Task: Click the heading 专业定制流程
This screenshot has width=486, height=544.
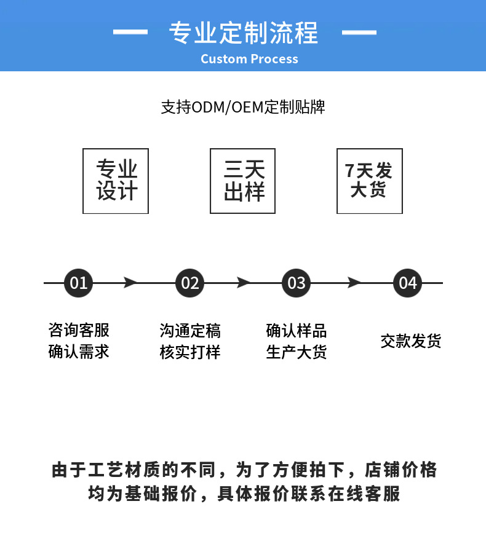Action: pyautogui.click(x=243, y=32)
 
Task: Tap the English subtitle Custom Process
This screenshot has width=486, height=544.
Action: pyautogui.click(x=249, y=59)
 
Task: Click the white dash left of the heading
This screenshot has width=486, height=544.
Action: pyautogui.click(x=130, y=31)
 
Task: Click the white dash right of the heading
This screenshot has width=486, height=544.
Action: pyautogui.click(x=359, y=31)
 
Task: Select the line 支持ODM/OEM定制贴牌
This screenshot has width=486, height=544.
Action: pyautogui.click(x=243, y=107)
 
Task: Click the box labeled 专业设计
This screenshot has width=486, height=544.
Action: pyautogui.click(x=116, y=181)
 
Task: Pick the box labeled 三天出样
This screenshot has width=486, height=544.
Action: pyautogui.click(x=242, y=181)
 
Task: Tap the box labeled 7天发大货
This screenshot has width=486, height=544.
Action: pyautogui.click(x=369, y=181)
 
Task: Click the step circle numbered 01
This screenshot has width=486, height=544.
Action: pyautogui.click(x=79, y=283)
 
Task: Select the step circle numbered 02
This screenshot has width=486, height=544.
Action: pyautogui.click(x=190, y=283)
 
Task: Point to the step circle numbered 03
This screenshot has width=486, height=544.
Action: pyautogui.click(x=297, y=283)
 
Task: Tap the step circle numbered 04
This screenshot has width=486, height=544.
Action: pyautogui.click(x=408, y=283)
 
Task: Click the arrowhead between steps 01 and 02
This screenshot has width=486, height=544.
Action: pyautogui.click(x=130, y=283)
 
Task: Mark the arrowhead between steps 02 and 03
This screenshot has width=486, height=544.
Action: pyautogui.click(x=244, y=283)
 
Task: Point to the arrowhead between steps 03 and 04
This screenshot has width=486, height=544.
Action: pyautogui.click(x=354, y=283)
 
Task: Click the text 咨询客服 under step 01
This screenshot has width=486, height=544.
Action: pyautogui.click(x=79, y=331)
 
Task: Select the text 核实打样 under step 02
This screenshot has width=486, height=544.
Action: pyautogui.click(x=190, y=352)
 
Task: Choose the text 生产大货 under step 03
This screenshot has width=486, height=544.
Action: pyautogui.click(x=297, y=352)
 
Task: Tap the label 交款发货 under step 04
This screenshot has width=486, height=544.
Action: pyautogui.click(x=410, y=341)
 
